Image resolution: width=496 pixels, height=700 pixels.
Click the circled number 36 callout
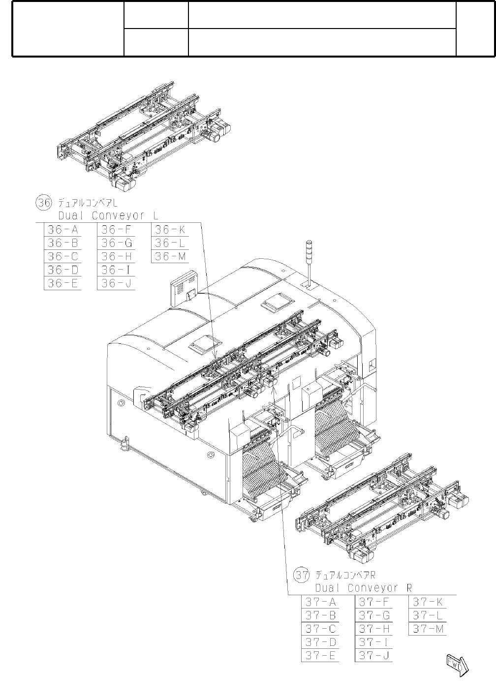pos(43,202)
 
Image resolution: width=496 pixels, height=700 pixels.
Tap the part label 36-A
pos(63,229)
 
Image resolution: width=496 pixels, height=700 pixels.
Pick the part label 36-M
pos(170,256)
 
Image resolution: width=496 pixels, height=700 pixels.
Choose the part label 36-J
pos(116,283)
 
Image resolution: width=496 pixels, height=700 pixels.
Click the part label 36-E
pos(63,283)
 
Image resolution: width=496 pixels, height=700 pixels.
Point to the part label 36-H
pos(116,256)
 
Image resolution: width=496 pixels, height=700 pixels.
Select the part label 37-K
pos(428,602)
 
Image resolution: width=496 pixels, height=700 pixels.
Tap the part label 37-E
pos(320,656)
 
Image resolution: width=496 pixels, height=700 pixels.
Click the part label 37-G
pos(374,615)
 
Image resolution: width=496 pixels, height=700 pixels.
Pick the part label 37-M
pos(428,629)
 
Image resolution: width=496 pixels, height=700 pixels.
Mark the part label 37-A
pos(320,602)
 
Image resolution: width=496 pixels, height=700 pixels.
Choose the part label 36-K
pos(170,229)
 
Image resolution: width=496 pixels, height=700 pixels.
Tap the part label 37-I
pos(373,642)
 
